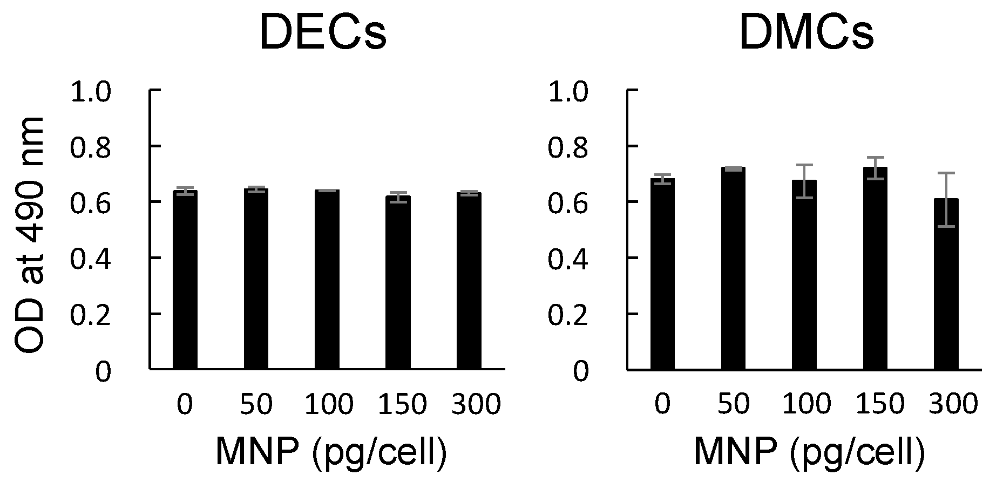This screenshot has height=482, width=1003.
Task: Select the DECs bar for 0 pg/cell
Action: point(185,281)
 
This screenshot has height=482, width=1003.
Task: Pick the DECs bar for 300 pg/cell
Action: point(469,281)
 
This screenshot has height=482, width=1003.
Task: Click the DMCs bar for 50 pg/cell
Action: point(733,270)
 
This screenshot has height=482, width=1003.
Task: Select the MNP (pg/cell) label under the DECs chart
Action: point(331,451)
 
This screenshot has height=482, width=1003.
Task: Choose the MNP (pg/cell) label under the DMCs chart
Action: point(809,451)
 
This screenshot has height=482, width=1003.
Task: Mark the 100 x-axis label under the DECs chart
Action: point(329,404)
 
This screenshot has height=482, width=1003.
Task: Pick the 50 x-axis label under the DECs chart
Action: point(256,404)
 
